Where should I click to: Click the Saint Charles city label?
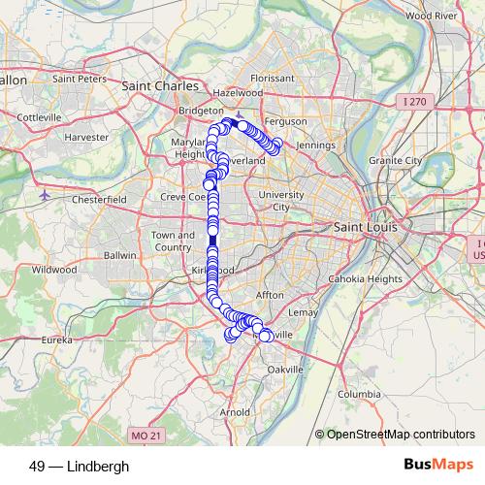coord(160,86)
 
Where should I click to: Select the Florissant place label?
coord(272,78)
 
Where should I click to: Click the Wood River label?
coord(431,16)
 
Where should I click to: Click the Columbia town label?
coord(358,395)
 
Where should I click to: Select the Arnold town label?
coord(235,411)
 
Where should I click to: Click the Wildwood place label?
coord(54,269)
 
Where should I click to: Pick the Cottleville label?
coord(39,117)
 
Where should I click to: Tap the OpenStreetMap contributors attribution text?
coord(400,435)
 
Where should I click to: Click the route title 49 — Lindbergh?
coord(79,466)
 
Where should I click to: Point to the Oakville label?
coord(284,370)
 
